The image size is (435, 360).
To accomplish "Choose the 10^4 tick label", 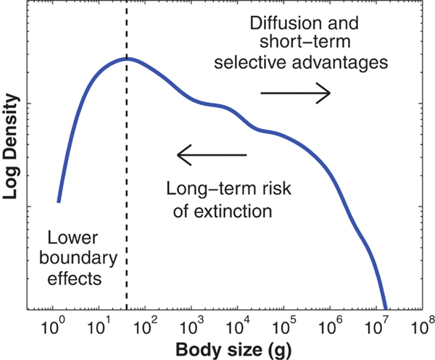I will pyautogui.click(x=238, y=325).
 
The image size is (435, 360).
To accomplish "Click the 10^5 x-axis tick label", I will pyautogui.click(x=284, y=325).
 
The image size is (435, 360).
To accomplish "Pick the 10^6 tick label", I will pyautogui.click(x=331, y=325).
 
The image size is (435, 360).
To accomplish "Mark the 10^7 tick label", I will pyautogui.click(x=377, y=325).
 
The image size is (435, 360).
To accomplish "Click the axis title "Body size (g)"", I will pyautogui.click(x=226, y=349).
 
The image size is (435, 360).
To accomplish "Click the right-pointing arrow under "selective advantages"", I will pyautogui.click(x=295, y=93).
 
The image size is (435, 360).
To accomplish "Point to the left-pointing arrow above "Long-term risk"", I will pyautogui.click(x=212, y=154).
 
